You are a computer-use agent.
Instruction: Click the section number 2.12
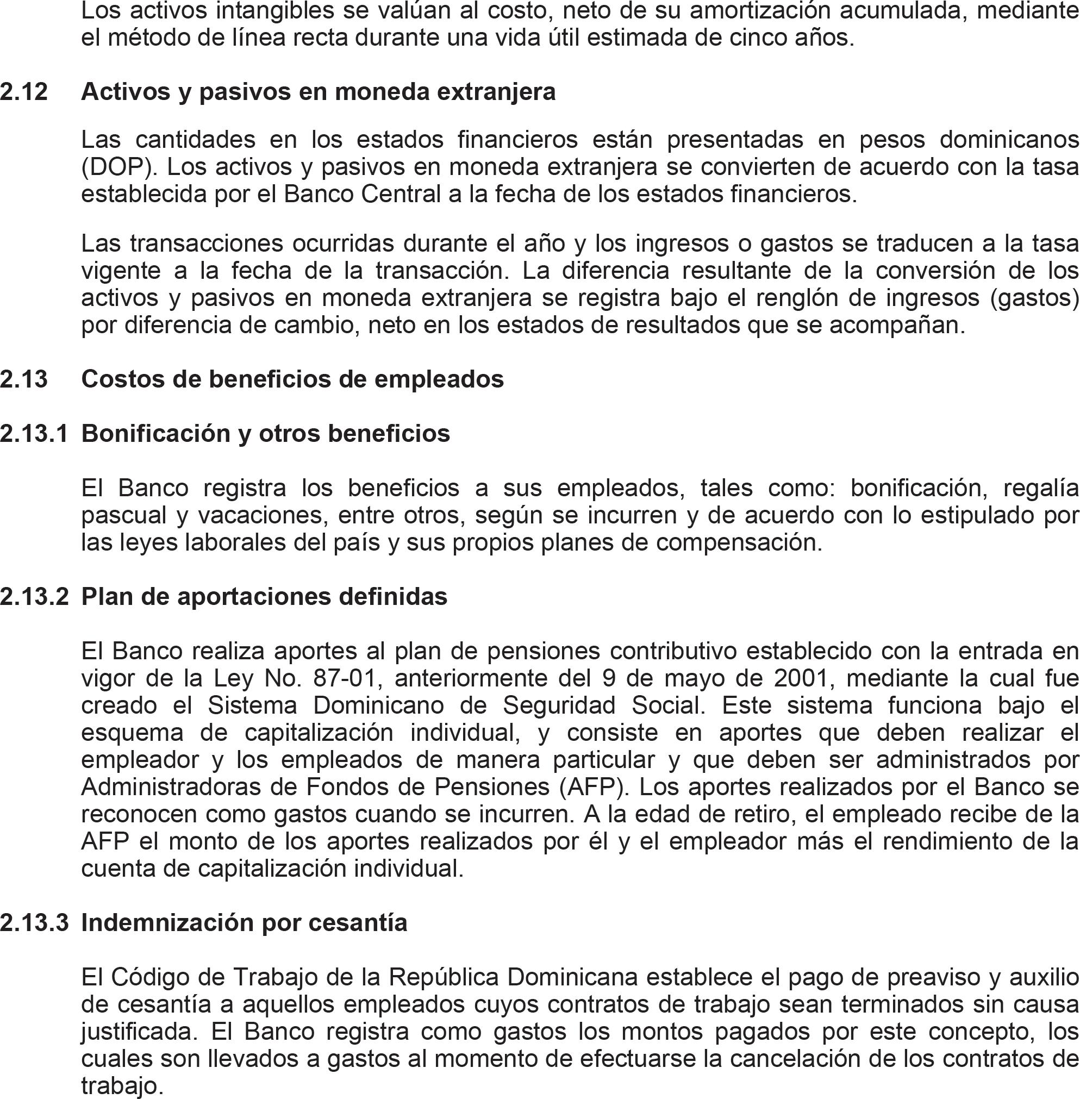point(24,92)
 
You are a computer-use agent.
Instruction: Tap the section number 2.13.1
point(34,434)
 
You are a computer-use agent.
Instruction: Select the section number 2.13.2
point(34,597)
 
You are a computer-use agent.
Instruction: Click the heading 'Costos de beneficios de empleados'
point(292,379)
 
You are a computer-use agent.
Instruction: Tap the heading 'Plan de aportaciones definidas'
point(264,597)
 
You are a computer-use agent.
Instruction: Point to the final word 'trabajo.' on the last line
point(122,1086)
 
